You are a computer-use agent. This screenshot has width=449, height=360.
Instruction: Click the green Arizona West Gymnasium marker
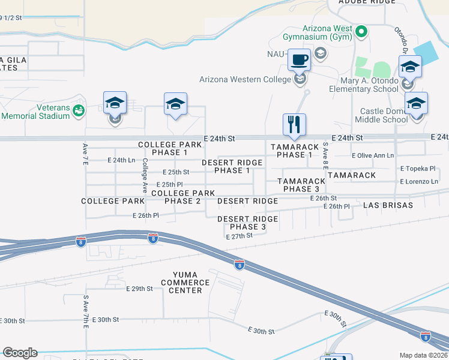[361, 31]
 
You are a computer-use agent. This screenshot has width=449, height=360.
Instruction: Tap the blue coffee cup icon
[300, 61]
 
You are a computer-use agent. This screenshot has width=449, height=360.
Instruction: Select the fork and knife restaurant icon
[294, 125]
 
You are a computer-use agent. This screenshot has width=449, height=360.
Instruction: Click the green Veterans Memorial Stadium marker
[78, 110]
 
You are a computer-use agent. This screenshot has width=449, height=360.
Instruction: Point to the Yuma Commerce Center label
[185, 283]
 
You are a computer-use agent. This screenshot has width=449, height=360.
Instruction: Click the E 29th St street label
[139, 289]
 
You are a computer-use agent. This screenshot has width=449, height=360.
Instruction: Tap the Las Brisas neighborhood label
[388, 205]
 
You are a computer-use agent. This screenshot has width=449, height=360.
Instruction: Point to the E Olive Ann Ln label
[373, 155]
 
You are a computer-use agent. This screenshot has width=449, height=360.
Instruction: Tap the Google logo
[20, 353]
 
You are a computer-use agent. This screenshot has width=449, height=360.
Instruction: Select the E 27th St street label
[240, 236]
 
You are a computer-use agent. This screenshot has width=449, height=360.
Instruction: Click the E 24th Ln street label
[121, 160]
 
